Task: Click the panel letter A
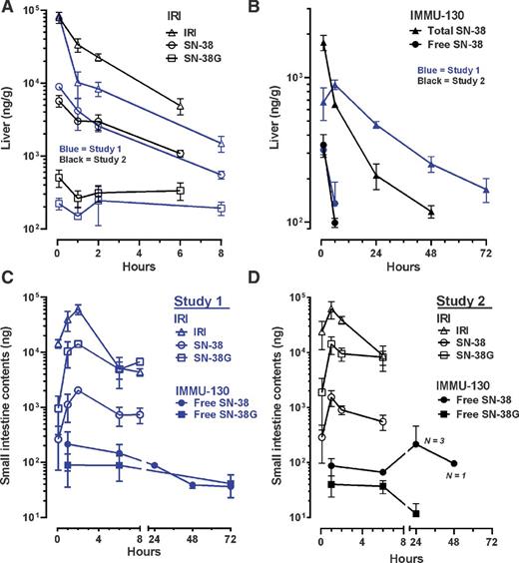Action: click(10, 9)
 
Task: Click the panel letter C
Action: click(10, 289)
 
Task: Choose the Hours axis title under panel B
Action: click(404, 268)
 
